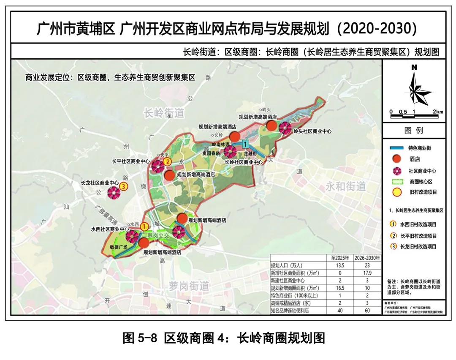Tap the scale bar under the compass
[415, 115]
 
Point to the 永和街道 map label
[345, 186]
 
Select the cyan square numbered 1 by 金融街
[245, 145]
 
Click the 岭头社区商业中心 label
[312, 131]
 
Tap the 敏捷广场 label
[119, 246]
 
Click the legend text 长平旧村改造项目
[418, 236]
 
